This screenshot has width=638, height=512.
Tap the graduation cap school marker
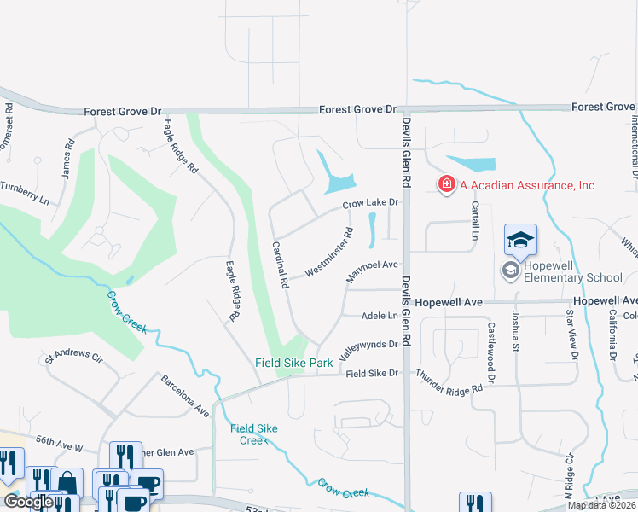tap(520, 240)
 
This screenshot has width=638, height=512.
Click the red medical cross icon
tap(445, 184)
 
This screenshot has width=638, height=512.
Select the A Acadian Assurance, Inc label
tap(526, 185)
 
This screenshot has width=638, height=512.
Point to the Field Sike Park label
tap(294, 363)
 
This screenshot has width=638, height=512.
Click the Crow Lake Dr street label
tap(371, 203)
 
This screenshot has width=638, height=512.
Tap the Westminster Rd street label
tap(329, 251)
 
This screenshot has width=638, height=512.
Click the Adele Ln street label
tap(380, 315)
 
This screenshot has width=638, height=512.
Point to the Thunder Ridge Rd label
tap(449, 381)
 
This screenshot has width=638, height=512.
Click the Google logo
tap(30, 501)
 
